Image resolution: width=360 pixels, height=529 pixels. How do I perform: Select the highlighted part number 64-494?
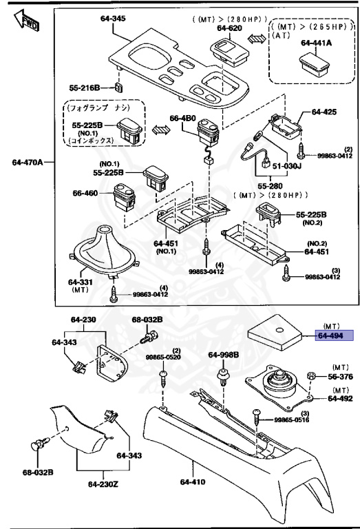[x=333, y=336]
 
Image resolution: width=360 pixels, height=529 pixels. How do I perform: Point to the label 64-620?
[x=230, y=28]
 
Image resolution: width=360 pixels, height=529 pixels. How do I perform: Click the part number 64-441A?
[x=316, y=42]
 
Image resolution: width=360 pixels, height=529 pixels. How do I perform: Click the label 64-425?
[x=325, y=112]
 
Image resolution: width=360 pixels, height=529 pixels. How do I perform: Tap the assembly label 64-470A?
[x=27, y=163]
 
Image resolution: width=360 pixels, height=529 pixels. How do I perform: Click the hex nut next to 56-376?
[x=310, y=377]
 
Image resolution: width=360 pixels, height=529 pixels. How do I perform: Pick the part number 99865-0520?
[x=164, y=357]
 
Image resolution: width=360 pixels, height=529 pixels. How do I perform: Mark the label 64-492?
[x=339, y=398]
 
